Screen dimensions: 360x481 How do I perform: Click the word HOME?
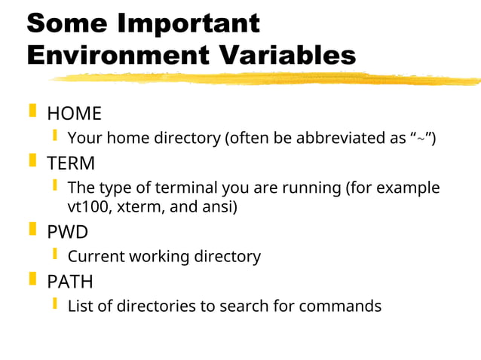click(74, 114)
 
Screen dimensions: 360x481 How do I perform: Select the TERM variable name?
click(71, 163)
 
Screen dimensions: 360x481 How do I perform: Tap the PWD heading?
click(68, 232)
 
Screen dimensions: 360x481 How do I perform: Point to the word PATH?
click(70, 282)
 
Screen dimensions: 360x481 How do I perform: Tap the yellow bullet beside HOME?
click(32, 111)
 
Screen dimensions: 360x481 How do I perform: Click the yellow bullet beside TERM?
click(32, 161)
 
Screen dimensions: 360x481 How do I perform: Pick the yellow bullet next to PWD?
click(32, 230)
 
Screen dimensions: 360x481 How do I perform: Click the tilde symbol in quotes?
click(423, 139)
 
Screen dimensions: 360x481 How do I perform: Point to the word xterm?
click(136, 207)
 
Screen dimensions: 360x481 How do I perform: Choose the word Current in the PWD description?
click(96, 257)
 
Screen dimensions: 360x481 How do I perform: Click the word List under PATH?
click(79, 307)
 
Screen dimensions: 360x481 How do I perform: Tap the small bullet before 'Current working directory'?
click(55, 255)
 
